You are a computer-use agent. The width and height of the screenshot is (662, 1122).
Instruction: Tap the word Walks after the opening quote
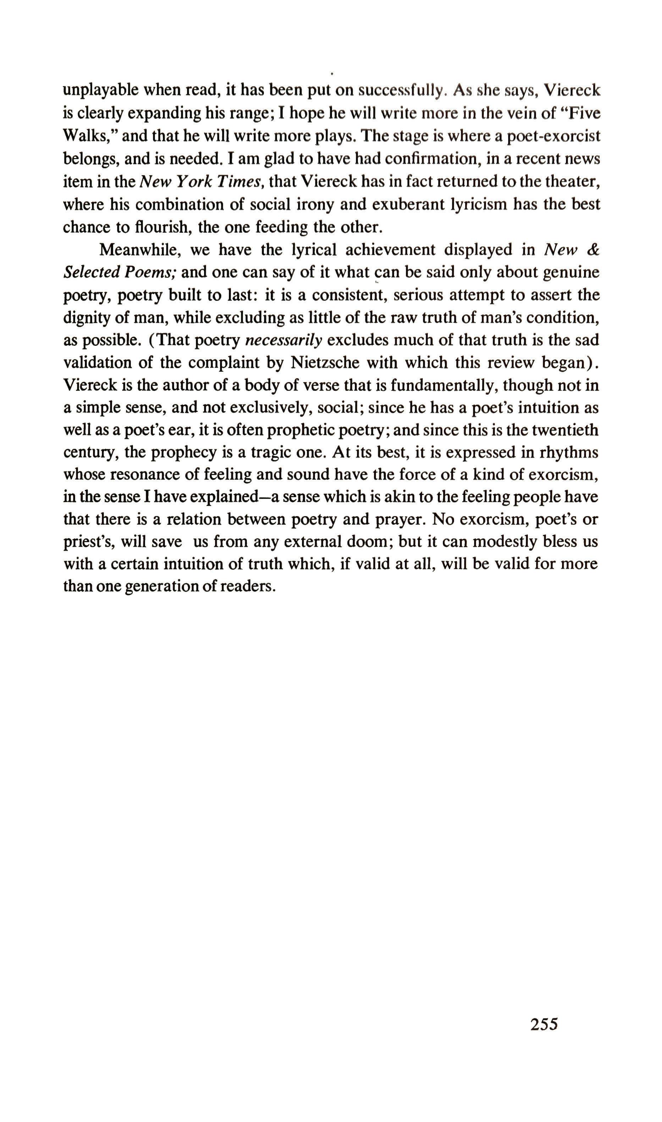[88, 136]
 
